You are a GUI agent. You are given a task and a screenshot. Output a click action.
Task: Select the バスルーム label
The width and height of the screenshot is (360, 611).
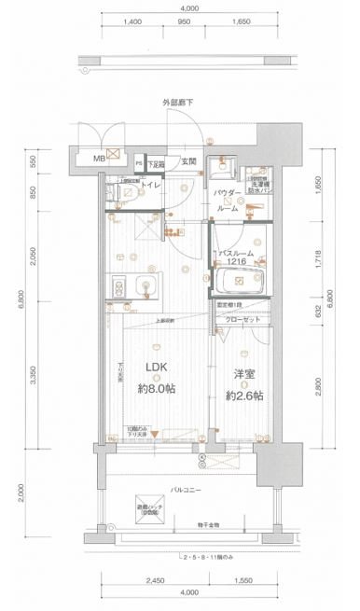(238, 252)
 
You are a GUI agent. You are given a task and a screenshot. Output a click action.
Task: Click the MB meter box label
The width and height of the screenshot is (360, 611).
(96, 160)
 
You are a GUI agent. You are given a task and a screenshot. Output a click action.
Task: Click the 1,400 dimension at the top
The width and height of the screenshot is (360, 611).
(132, 19)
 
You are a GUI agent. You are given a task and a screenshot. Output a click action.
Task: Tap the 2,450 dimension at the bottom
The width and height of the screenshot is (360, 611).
(154, 579)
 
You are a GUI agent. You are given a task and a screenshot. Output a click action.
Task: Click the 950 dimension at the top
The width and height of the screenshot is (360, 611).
(186, 19)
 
